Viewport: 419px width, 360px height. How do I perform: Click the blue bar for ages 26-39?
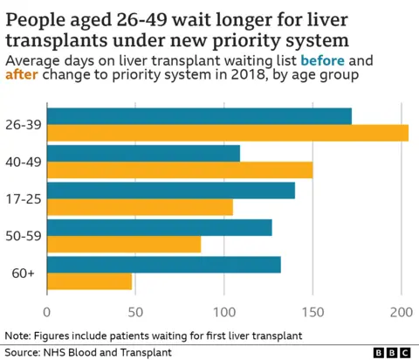pos(199,116)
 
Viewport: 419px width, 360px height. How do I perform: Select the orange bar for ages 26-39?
pos(227,133)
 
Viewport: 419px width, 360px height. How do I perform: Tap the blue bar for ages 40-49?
pos(143,154)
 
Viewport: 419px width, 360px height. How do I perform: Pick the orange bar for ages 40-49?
pos(179,170)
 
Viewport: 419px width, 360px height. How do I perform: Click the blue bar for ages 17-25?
pos(171,190)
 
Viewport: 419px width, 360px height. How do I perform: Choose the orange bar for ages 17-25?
pos(140,207)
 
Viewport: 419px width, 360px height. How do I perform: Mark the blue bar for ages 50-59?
pos(160,228)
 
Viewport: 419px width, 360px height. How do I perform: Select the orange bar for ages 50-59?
pos(124,244)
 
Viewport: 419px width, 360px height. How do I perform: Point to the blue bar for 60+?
pos(164,265)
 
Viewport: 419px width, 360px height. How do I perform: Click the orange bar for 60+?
pos(89,281)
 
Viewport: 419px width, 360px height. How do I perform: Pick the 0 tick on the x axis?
pos(47,310)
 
